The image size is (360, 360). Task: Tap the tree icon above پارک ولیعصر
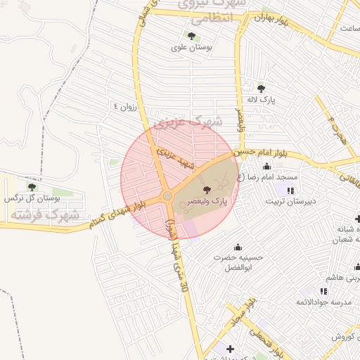pyautogui.click(x=206, y=190)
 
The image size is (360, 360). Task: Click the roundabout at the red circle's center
pyautogui.click(x=167, y=195)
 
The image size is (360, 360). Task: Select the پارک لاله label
pyautogui.click(x=262, y=100)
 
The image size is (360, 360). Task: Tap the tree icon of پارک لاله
pyautogui.click(x=262, y=89)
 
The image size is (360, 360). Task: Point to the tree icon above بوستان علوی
pyautogui.click(x=191, y=36)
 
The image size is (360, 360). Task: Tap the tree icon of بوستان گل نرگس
pyautogui.click(x=31, y=186)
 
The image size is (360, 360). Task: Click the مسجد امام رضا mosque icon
pyautogui.click(x=267, y=167)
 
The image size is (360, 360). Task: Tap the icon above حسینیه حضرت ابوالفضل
pyautogui.click(x=238, y=247)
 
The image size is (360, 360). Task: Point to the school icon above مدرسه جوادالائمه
pyautogui.click(x=323, y=290)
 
